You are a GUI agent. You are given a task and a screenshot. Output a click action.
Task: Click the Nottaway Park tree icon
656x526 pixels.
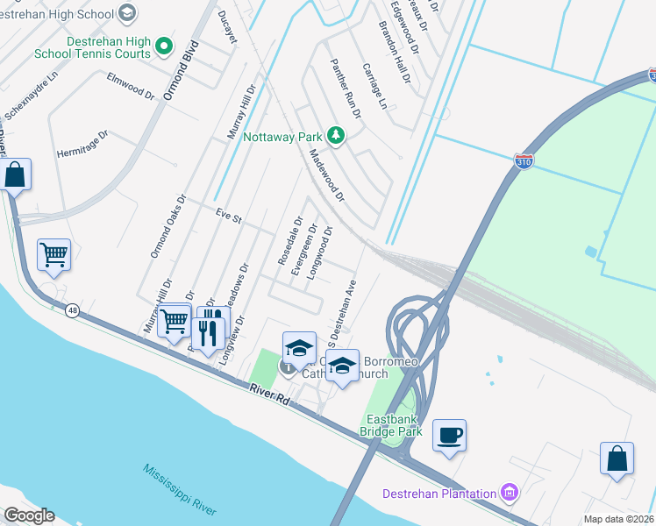pos(335,136)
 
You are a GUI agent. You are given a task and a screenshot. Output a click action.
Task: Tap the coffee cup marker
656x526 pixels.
pos(449,436)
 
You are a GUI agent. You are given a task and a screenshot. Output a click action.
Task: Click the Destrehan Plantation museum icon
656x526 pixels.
pos(508,493)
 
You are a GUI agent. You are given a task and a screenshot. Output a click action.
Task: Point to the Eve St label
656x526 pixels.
pos(228,217)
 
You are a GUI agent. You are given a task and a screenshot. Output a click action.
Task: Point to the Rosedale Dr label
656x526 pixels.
pos(284,242)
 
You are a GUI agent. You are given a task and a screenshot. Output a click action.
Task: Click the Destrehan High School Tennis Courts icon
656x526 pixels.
pos(162,46)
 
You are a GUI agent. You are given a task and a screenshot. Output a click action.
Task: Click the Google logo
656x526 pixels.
pos(29,515)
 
